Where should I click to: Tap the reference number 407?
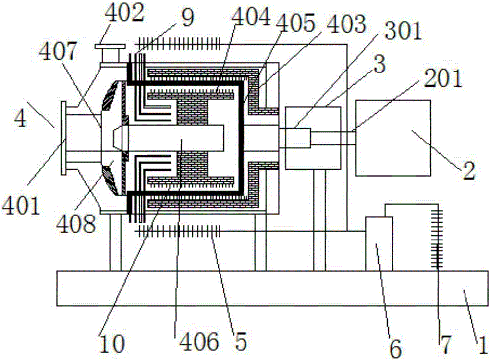[x=58, y=51]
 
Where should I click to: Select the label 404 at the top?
[x=252, y=17]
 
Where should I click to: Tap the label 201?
[x=442, y=78]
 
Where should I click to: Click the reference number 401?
[x=21, y=205]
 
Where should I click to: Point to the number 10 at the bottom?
[x=112, y=343]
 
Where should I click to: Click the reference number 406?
[x=199, y=341]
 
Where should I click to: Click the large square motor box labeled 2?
[x=393, y=138]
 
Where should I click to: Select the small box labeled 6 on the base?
[x=379, y=244]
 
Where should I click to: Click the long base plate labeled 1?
[x=272, y=288]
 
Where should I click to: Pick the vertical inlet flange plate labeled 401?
[x=64, y=138]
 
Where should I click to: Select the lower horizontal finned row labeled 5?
[x=177, y=232]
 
